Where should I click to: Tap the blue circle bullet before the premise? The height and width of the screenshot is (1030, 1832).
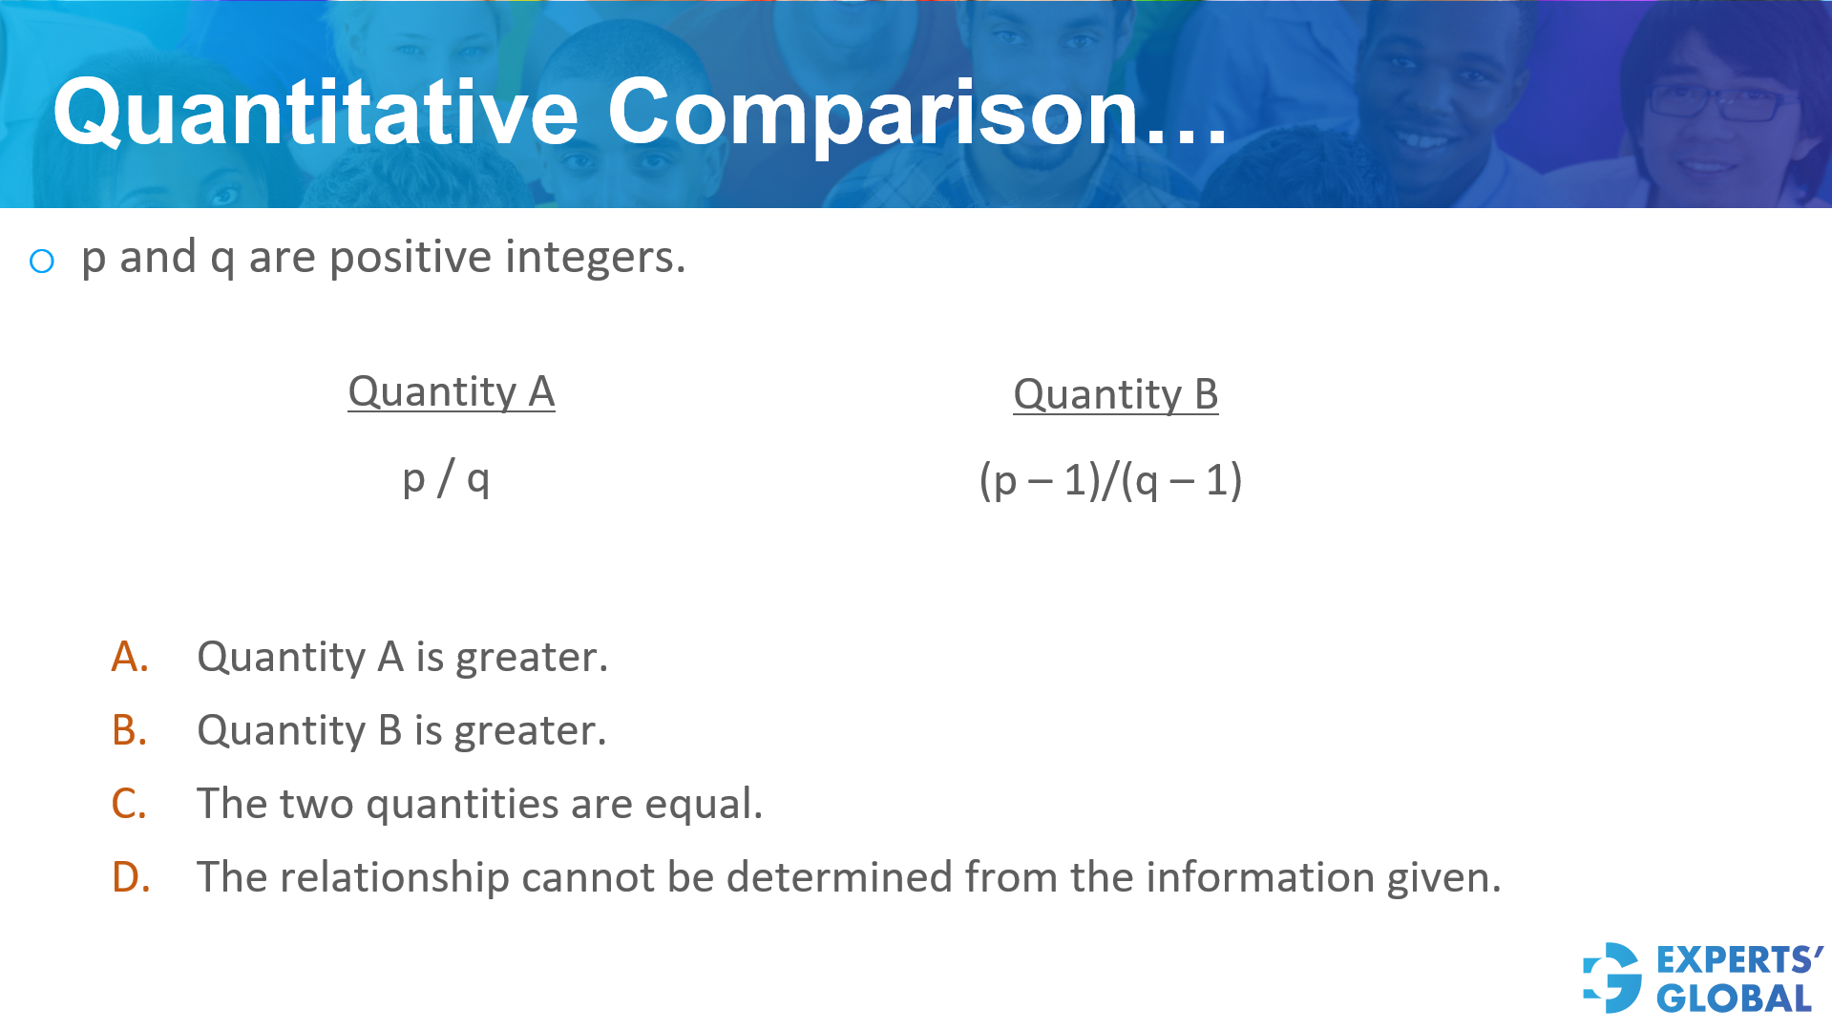[x=42, y=261]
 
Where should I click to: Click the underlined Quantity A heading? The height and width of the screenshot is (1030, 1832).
[x=451, y=391]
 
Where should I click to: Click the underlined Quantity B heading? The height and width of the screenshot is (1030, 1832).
[x=1115, y=394]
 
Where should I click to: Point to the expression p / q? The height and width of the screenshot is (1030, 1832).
[x=446, y=478]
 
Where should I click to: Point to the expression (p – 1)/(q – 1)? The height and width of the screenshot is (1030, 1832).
[x=1110, y=480]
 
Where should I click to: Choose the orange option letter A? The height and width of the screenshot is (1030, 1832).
[x=130, y=657]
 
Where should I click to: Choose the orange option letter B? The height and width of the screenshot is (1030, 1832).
[x=130, y=730]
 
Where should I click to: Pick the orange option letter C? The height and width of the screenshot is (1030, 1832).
[x=130, y=804]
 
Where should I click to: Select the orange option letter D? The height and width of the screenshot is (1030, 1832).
[x=131, y=877]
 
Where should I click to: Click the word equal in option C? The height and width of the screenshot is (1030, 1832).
[x=703, y=804]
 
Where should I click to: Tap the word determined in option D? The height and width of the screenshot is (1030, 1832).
[x=838, y=877]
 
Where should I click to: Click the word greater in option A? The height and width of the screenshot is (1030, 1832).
[x=531, y=658]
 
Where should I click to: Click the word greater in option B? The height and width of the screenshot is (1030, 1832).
[x=529, y=731]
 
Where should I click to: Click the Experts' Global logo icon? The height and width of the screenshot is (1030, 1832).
[x=1612, y=977]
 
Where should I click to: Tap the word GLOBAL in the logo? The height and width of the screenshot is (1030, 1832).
[x=1734, y=998]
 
